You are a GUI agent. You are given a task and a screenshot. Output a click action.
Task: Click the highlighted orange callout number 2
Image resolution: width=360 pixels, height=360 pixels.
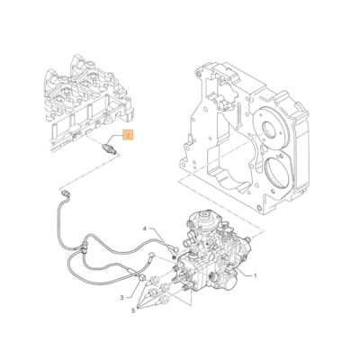[129, 136]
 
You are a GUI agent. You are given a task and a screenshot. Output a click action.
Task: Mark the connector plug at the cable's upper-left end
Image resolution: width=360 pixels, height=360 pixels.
[65, 192]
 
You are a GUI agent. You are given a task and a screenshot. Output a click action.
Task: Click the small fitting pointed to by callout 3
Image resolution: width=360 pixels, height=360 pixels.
[141, 288]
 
